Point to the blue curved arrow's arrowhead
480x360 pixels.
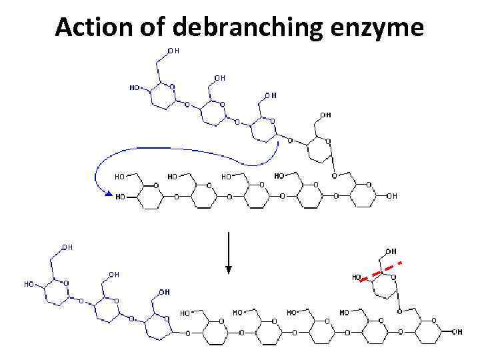click(106, 193)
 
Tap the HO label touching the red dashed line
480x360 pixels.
click(357, 277)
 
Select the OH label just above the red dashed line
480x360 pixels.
click(391, 251)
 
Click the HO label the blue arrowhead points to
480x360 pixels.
click(120, 197)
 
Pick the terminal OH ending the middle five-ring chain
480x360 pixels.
click(392, 196)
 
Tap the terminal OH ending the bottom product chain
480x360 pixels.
click(457, 331)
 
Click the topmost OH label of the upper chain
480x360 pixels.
click(173, 50)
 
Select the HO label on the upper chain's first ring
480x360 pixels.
click(134, 87)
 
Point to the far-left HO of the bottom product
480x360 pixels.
click(29, 284)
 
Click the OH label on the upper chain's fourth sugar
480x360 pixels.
click(325, 115)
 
